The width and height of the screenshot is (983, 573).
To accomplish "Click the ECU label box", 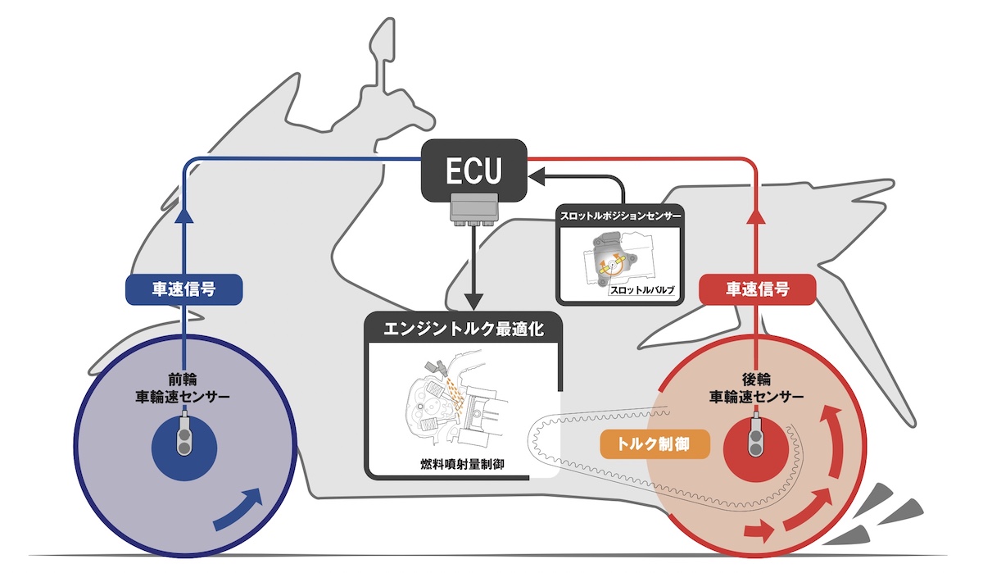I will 473,169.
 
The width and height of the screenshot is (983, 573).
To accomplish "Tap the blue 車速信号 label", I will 183,289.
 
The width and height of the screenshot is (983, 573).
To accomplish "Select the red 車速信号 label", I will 757,289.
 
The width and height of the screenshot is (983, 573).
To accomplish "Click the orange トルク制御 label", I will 654,443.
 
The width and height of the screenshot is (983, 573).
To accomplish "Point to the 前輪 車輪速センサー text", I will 183,388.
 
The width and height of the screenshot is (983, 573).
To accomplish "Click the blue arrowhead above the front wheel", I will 183,215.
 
